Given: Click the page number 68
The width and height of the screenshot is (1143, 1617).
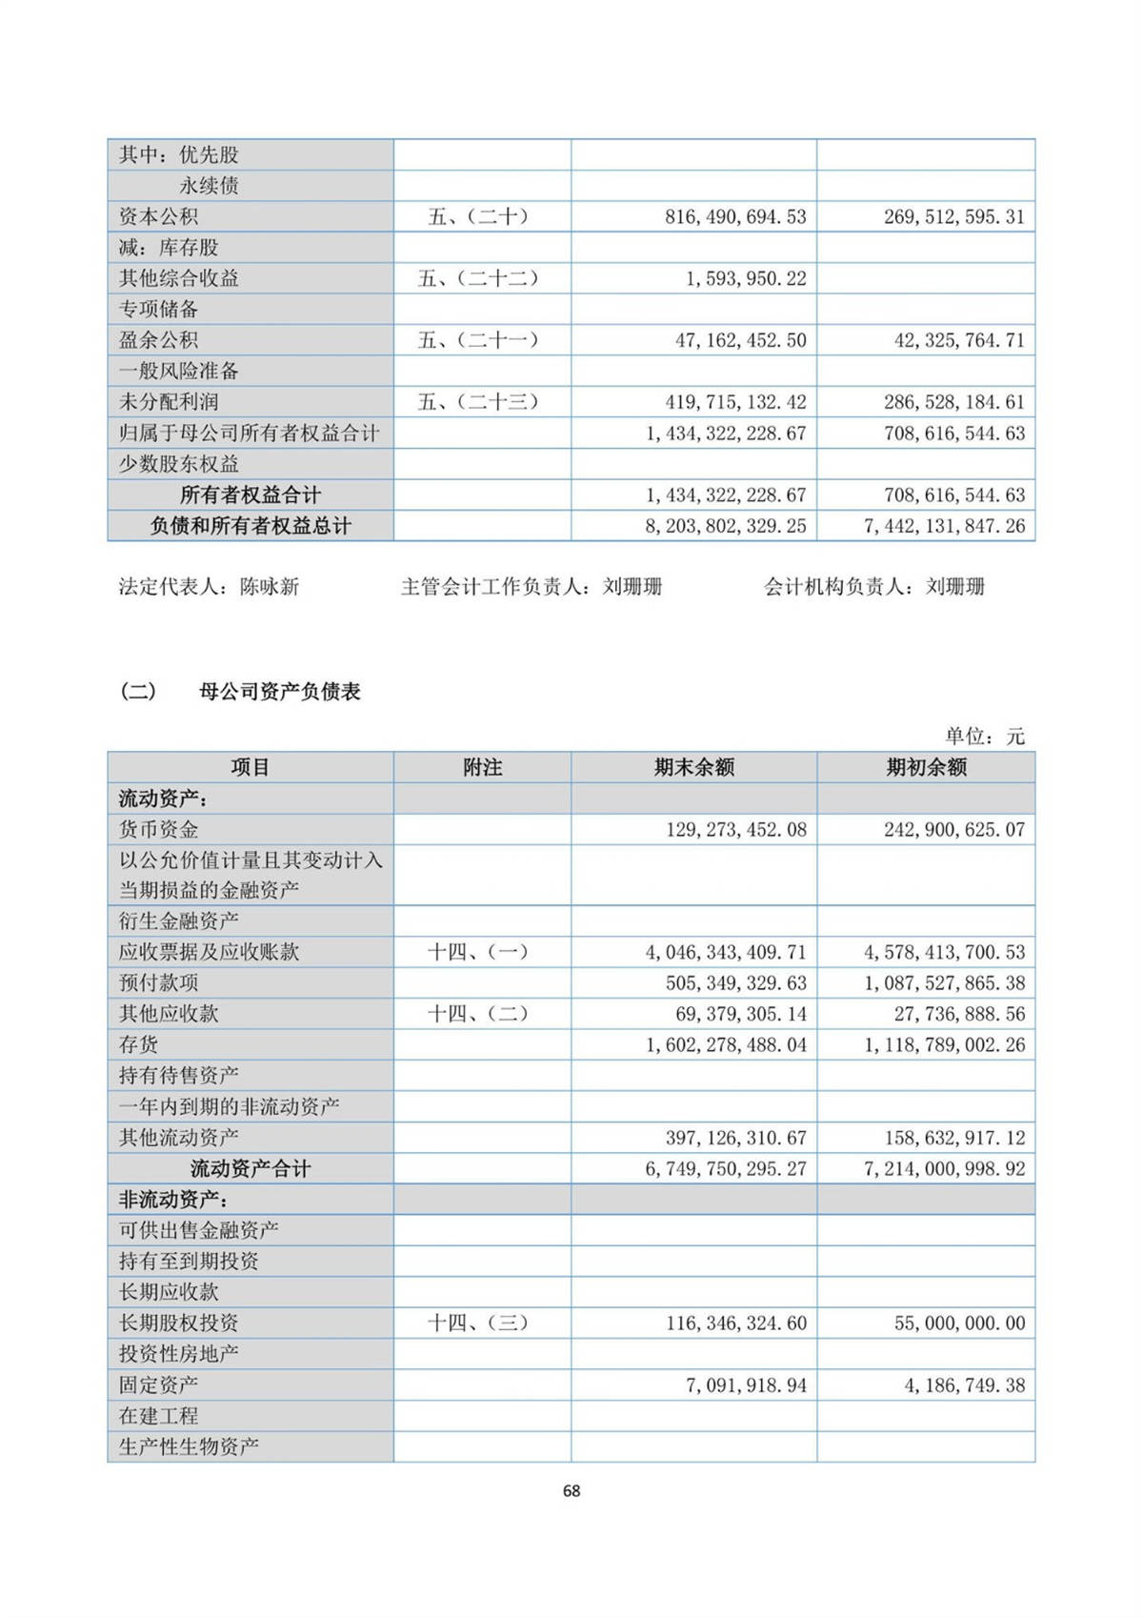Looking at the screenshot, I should point(571,1491).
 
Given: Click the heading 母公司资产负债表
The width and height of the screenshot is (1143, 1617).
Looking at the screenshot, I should point(279,692).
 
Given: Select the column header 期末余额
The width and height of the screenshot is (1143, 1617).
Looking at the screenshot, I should point(693,767).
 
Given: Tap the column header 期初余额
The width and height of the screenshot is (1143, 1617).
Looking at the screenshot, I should point(926,767).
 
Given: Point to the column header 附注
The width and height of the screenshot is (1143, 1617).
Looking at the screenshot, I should point(482,767).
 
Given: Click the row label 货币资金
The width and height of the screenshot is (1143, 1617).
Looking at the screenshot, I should point(158,829).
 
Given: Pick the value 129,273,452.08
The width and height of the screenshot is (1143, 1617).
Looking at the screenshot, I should point(735,829).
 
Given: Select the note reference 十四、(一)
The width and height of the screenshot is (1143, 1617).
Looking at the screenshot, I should point(477,952).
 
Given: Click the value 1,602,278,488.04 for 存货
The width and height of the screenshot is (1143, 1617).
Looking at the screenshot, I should point(726,1044).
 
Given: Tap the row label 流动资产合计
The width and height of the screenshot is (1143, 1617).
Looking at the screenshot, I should point(251,1168).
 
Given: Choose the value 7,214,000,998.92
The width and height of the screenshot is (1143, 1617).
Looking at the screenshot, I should point(944,1168).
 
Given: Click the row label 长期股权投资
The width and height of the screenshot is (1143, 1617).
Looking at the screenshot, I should point(178,1323).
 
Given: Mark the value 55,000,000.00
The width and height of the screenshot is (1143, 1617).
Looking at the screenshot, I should point(959,1323).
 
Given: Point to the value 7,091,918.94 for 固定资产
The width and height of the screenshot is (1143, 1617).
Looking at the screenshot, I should point(746,1385).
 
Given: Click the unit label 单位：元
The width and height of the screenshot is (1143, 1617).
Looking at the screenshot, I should point(984,737).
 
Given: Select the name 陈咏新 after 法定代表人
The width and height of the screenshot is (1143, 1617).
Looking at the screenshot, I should point(270,587).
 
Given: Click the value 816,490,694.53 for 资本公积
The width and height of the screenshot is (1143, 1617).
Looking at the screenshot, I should point(735,216).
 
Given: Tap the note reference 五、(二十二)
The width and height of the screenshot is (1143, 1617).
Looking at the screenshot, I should point(477,278).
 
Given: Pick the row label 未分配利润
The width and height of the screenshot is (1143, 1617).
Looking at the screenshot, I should point(168,402).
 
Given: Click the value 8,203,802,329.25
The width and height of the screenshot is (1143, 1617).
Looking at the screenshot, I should point(726,525).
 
